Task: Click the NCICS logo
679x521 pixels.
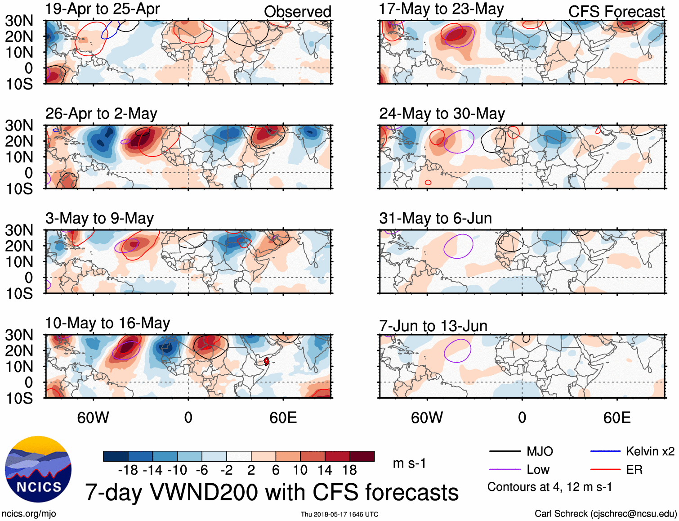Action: click(x=38, y=469)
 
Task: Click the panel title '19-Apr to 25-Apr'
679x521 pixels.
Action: click(x=102, y=9)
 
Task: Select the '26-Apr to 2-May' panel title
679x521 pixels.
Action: click(x=101, y=114)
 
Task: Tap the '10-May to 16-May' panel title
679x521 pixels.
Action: click(x=107, y=323)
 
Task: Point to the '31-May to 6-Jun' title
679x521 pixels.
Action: click(x=435, y=218)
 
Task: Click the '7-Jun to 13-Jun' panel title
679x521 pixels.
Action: click(x=433, y=326)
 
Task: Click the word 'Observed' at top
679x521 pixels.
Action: click(x=297, y=12)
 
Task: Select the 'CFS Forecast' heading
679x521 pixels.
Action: click(x=616, y=12)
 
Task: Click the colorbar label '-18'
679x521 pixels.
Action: click(x=128, y=470)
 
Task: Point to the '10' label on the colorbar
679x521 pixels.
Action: click(x=300, y=470)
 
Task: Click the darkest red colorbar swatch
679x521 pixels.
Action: click(x=362, y=456)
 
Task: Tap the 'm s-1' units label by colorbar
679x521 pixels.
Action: click(x=409, y=463)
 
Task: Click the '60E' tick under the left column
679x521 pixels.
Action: click(x=283, y=418)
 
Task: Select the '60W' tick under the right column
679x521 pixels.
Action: click(x=427, y=418)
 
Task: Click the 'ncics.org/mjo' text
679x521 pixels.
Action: click(x=29, y=514)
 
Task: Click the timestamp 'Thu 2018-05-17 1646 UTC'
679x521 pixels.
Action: click(x=339, y=514)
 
